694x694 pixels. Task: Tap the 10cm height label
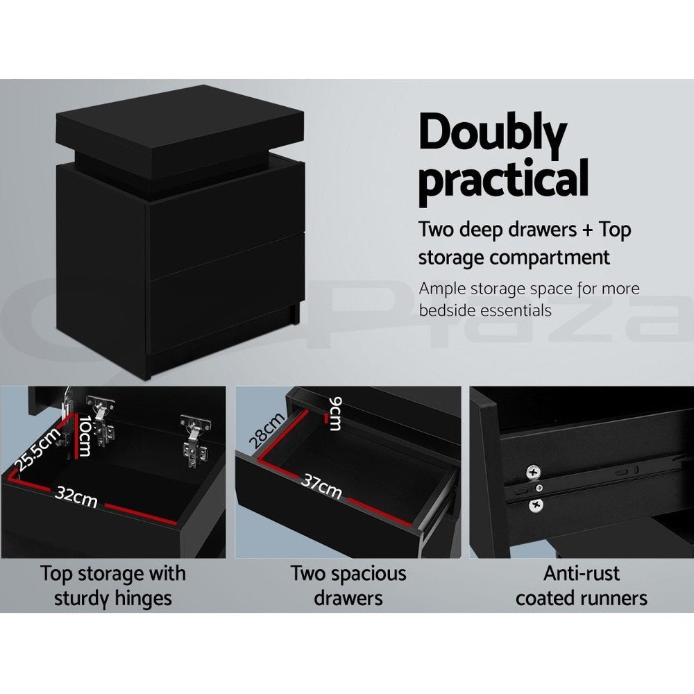83,436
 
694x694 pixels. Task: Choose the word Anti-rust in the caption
581,574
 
